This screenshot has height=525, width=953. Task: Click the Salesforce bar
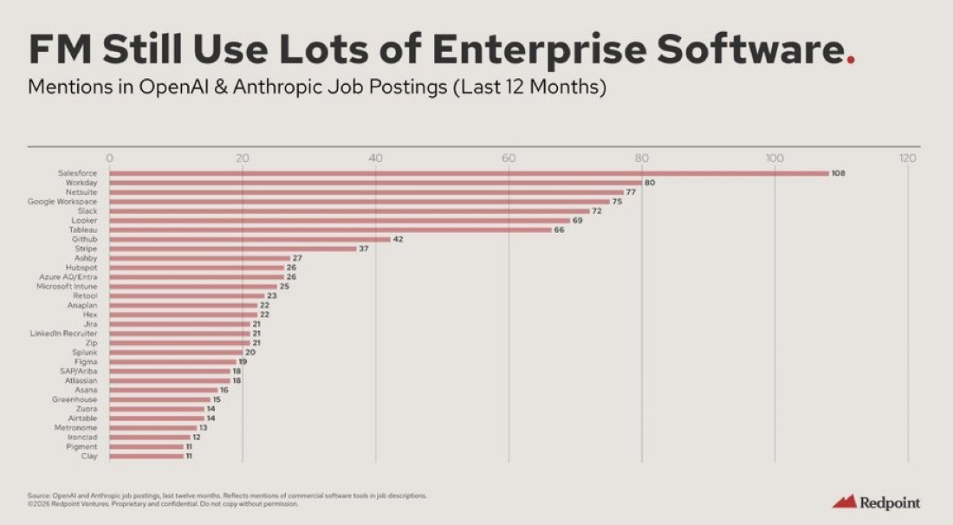pyautogui.click(x=468, y=173)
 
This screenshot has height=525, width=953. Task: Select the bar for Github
pyautogui.click(x=250, y=239)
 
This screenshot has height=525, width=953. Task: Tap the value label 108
pyautogui.click(x=838, y=173)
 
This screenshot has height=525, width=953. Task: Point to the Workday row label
pyautogui.click(x=81, y=183)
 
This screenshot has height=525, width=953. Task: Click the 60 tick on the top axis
pyautogui.click(x=509, y=158)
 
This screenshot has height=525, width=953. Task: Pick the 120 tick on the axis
pyautogui.click(x=907, y=158)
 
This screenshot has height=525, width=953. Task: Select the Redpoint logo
pyautogui.click(x=876, y=502)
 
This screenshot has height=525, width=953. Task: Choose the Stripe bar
pyautogui.click(x=232, y=249)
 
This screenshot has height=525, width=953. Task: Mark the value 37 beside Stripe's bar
pyautogui.click(x=365, y=249)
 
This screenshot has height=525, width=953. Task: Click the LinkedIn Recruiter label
pyautogui.click(x=64, y=334)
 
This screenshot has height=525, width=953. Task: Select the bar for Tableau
pyautogui.click(x=330, y=230)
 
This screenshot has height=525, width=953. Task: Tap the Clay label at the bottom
pyautogui.click(x=89, y=456)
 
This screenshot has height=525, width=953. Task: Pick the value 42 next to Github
pyautogui.click(x=399, y=239)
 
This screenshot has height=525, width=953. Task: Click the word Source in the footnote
pyautogui.click(x=37, y=496)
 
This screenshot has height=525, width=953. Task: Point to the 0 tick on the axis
pyautogui.click(x=109, y=158)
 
